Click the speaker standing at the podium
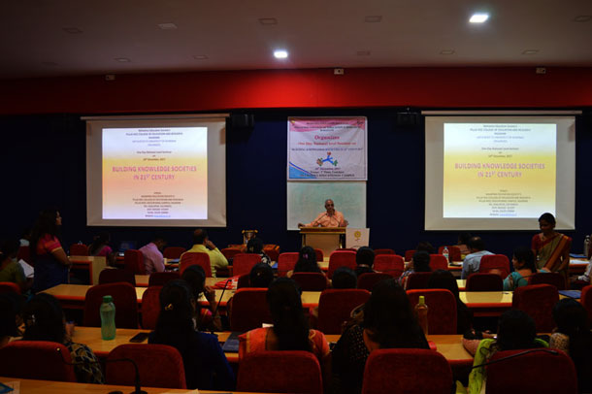(328, 215)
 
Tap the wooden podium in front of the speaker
(321, 240)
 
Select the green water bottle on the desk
(108, 317)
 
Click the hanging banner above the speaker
(327, 148)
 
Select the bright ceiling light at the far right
(478, 17)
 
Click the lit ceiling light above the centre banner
(280, 53)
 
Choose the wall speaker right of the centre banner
(408, 118)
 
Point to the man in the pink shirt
(153, 254)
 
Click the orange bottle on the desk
(421, 314)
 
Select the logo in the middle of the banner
(328, 159)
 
